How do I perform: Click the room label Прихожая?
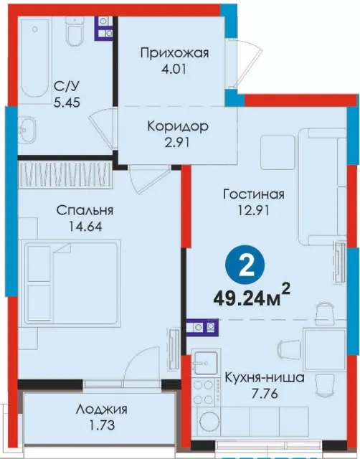coord(174,54)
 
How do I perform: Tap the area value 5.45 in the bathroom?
coord(67,103)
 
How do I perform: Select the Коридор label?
coord(178,126)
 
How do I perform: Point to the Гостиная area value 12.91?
coord(253,210)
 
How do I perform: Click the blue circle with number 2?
coord(245,265)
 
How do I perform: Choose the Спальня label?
coord(85,210)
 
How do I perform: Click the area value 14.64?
coord(85,227)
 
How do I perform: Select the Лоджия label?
coord(101,410)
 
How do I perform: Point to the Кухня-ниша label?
coord(265,378)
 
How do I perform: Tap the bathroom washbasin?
coord(27,131)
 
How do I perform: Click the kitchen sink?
coord(206,363)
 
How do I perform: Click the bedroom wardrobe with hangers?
coord(65,175)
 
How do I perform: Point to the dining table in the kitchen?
coord(325,350)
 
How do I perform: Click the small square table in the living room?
coord(278,152)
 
